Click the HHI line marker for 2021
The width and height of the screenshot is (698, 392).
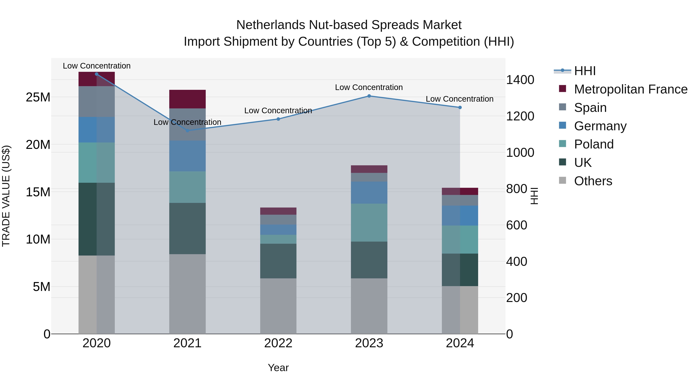click(187, 131)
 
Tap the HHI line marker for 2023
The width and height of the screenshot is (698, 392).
click(369, 96)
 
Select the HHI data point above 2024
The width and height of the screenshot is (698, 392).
click(460, 107)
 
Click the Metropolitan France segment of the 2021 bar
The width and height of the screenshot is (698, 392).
click(187, 99)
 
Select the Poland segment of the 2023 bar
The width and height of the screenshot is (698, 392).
click(369, 222)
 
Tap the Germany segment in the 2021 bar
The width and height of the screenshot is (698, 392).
click(187, 156)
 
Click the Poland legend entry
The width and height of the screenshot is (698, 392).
click(593, 144)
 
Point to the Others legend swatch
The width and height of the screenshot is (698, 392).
click(562, 180)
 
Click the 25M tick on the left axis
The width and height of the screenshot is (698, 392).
click(38, 97)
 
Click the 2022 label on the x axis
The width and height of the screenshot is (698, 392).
click(278, 343)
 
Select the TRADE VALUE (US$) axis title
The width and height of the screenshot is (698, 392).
click(6, 196)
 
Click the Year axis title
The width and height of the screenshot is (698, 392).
click(278, 368)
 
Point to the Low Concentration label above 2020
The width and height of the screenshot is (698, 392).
click(97, 66)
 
